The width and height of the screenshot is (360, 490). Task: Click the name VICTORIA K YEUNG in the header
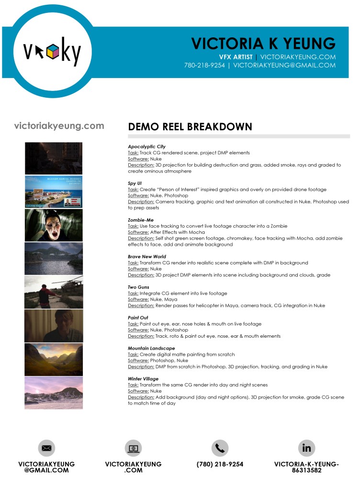click(263, 43)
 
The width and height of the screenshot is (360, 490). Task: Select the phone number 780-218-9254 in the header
click(204, 65)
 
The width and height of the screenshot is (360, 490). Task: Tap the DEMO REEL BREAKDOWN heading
click(190, 127)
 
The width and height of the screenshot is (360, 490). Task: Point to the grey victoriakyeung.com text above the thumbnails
click(59, 126)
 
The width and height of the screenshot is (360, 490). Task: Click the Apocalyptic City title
click(146, 147)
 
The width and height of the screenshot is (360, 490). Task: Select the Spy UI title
click(135, 183)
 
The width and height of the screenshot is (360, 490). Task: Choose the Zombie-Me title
click(141, 220)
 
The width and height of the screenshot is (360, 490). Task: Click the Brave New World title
click(147, 257)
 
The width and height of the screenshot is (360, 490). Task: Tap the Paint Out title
click(138, 318)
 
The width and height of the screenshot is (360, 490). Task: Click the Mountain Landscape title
click(151, 348)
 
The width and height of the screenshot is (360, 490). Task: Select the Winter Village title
click(143, 379)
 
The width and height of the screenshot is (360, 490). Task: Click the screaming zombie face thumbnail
click(54, 225)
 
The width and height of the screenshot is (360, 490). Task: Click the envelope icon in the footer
click(46, 448)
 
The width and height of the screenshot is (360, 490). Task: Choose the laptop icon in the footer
click(133, 448)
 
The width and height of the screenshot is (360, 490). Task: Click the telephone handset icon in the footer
click(220, 448)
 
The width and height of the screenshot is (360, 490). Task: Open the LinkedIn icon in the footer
click(306, 448)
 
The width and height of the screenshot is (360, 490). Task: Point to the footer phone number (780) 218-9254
click(220, 464)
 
